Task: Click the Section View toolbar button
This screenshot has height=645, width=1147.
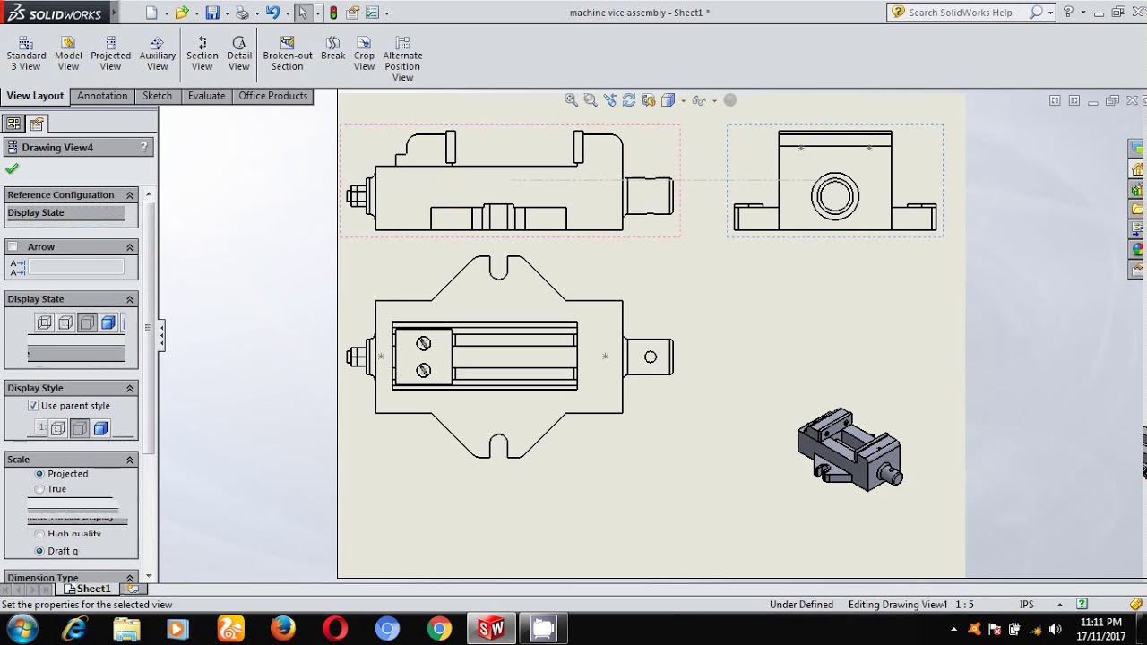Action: (202, 54)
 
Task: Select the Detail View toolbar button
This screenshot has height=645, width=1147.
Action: (238, 54)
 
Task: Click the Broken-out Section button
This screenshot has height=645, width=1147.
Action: (287, 54)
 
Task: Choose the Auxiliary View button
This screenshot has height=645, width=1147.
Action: (157, 54)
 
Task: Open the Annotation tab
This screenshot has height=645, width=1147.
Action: (102, 96)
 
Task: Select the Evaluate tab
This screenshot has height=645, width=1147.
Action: (206, 96)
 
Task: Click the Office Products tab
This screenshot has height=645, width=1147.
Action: (272, 96)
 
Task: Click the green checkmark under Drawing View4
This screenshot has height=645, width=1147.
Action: (12, 168)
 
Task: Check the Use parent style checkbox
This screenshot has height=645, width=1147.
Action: (33, 406)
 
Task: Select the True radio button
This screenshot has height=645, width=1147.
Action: (39, 489)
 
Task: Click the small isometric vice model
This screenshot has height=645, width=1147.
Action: (849, 451)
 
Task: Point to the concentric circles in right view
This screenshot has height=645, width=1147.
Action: (835, 197)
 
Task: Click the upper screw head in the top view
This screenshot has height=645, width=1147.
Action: (423, 343)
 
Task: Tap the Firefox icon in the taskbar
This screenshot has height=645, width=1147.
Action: (283, 629)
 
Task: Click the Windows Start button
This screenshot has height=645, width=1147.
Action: (22, 629)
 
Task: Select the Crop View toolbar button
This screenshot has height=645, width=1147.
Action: (364, 54)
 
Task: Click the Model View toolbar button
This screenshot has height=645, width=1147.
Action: (68, 54)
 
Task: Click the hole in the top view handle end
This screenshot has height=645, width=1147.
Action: (651, 357)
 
